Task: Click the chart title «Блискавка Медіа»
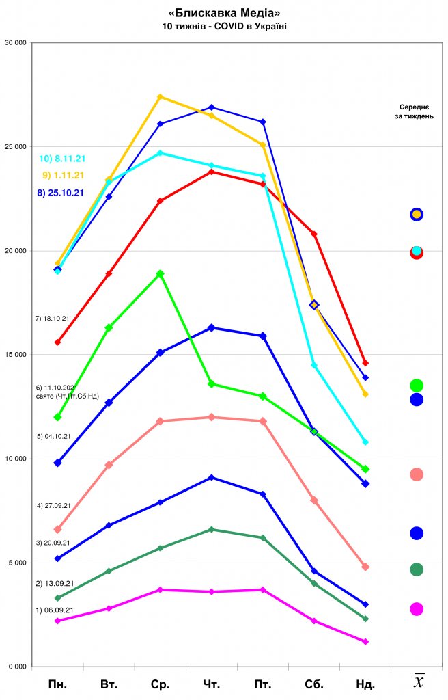pyautogui.click(x=224, y=13)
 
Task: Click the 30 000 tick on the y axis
pyautogui.click(x=16, y=43)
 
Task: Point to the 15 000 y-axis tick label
pyautogui.click(x=16, y=355)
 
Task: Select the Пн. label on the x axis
pyautogui.click(x=58, y=684)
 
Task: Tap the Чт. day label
pyautogui.click(x=212, y=684)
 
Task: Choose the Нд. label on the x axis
pyautogui.click(x=365, y=684)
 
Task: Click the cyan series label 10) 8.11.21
pyautogui.click(x=61, y=159)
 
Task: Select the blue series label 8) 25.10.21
pyautogui.click(x=61, y=193)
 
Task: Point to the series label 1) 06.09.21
pyautogui.click(x=55, y=610)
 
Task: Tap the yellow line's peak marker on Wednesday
pyautogui.click(x=160, y=97)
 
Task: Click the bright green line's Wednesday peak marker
pyautogui.click(x=160, y=273)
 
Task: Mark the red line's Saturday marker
pyautogui.click(x=314, y=234)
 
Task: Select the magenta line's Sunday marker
pyautogui.click(x=365, y=641)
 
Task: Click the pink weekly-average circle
pyautogui.click(x=417, y=474)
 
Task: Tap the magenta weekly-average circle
pyautogui.click(x=417, y=609)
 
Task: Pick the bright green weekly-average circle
pyautogui.click(x=417, y=386)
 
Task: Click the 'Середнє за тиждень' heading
pyautogui.click(x=416, y=111)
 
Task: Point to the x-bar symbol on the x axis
pyautogui.click(x=419, y=682)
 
